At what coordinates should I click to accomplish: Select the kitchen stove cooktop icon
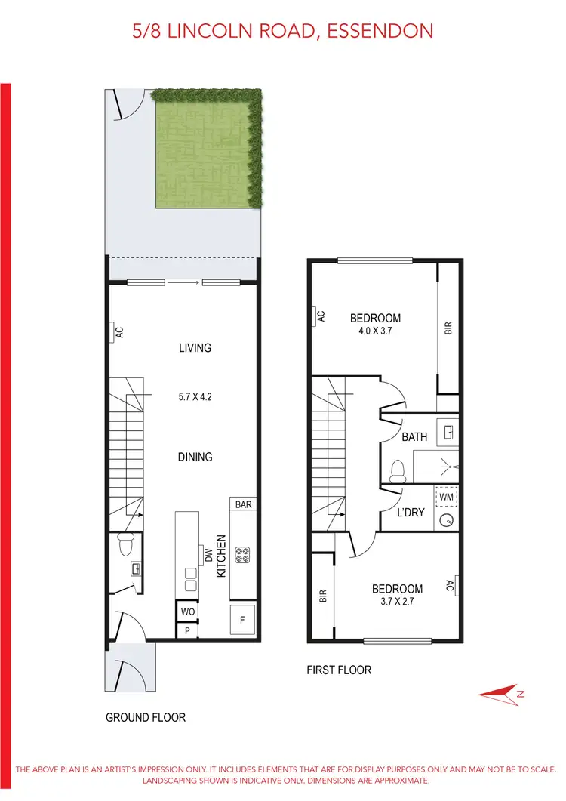[x=243, y=555]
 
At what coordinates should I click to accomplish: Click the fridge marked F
[x=242, y=619]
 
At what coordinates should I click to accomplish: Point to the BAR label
[x=243, y=504]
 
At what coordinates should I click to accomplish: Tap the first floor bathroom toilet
[x=398, y=471]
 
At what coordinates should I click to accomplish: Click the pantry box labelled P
[x=186, y=630]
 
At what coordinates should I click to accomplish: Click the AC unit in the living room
[x=118, y=332]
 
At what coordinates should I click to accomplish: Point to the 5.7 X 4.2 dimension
[x=195, y=394]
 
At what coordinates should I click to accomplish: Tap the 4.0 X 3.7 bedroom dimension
[x=375, y=331]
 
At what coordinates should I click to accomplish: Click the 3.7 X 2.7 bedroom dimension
[x=397, y=602]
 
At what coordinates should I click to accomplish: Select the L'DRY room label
[x=411, y=513]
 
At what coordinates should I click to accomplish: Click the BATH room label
[x=414, y=436]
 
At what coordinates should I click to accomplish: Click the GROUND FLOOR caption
[x=145, y=717]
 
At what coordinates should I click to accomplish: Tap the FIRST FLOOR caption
[x=339, y=670]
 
